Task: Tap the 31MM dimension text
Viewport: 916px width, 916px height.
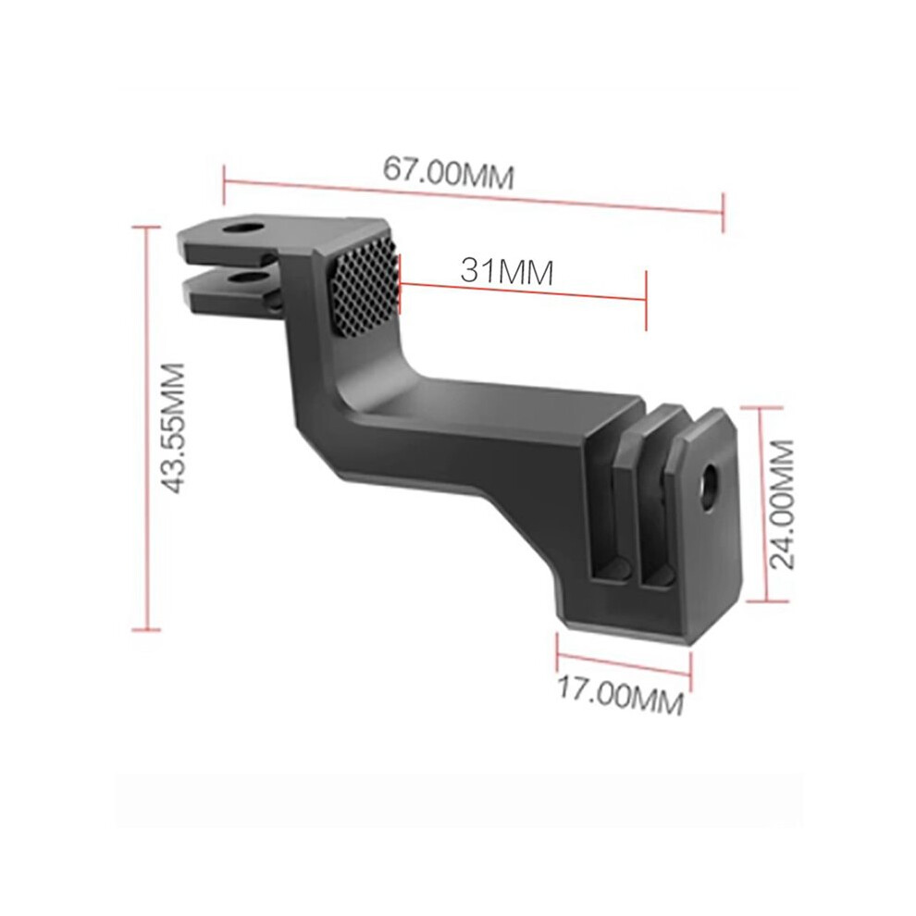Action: pos(506,271)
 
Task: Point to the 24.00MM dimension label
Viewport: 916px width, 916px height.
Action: pos(782,505)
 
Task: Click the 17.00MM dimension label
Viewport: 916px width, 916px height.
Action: pos(621,695)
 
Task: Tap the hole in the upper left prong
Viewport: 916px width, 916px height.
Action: pos(241,229)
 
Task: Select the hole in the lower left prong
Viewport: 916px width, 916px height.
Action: pos(249,279)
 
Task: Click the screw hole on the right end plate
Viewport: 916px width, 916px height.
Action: pos(710,479)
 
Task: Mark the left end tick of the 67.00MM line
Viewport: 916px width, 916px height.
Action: pos(224,185)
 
